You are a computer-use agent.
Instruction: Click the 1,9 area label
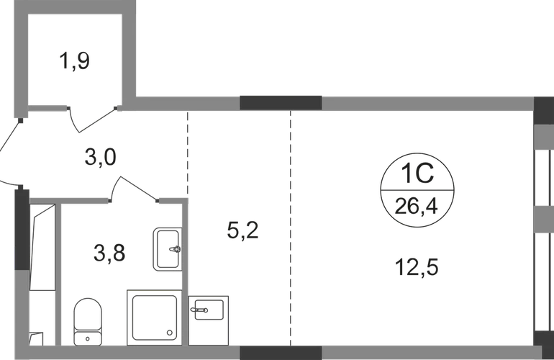tap(75, 61)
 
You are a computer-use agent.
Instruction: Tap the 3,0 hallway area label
tap(100, 157)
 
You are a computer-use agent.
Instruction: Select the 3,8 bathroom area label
tap(109, 253)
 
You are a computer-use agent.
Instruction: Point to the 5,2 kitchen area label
tap(242, 230)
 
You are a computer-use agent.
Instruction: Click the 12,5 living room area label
tap(417, 267)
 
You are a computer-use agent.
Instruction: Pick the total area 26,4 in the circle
tap(416, 206)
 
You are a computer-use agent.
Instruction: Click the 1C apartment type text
tap(417, 174)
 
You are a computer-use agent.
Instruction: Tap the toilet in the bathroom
tap(88, 321)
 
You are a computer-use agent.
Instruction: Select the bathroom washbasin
tap(168, 249)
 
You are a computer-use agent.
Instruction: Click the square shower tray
tap(155, 318)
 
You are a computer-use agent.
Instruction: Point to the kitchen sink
tap(209, 320)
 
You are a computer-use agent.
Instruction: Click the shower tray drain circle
tap(170, 333)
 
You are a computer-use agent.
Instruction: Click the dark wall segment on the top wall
tap(281, 103)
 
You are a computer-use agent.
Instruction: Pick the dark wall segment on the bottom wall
tap(281, 353)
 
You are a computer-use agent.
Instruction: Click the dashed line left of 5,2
tap(188, 154)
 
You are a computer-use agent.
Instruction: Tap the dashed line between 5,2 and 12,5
tap(291, 228)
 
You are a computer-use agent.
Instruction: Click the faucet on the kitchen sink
tap(199, 310)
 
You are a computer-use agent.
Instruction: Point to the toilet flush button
tap(88, 339)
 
